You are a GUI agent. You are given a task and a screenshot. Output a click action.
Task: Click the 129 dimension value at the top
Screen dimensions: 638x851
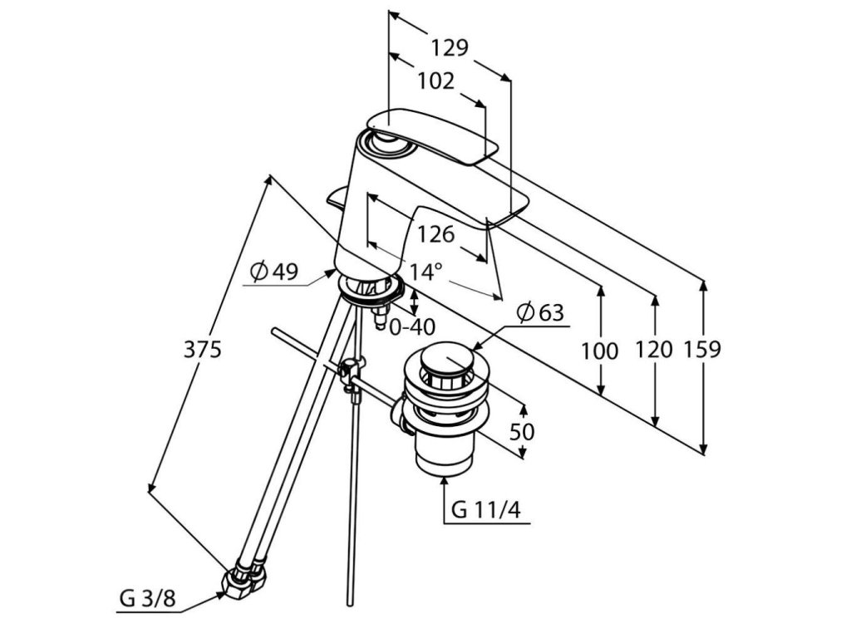click(x=450, y=47)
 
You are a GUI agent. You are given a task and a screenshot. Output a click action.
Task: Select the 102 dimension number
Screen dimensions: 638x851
click(x=435, y=81)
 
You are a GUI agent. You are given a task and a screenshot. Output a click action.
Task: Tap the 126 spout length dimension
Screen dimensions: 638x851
click(x=435, y=235)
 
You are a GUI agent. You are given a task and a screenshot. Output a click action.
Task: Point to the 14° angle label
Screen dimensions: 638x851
click(x=425, y=271)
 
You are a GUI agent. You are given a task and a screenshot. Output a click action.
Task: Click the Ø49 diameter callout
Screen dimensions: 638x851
click(x=273, y=272)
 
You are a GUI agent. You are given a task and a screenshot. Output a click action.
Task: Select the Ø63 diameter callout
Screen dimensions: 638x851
click(x=539, y=313)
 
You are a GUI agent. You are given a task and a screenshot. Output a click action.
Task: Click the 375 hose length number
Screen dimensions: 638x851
click(x=202, y=350)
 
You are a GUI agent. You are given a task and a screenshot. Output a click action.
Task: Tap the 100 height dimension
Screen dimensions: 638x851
click(x=599, y=351)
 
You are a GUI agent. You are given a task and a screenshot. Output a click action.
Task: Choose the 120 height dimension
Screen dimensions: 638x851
click(x=653, y=350)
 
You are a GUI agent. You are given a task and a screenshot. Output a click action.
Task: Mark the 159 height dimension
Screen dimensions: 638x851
click(x=702, y=350)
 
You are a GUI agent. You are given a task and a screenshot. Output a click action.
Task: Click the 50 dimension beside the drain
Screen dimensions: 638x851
click(x=523, y=432)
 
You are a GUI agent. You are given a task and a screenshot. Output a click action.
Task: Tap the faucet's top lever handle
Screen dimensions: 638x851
click(x=432, y=133)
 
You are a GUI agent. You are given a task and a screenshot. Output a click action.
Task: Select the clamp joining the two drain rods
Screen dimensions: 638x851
click(x=352, y=370)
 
